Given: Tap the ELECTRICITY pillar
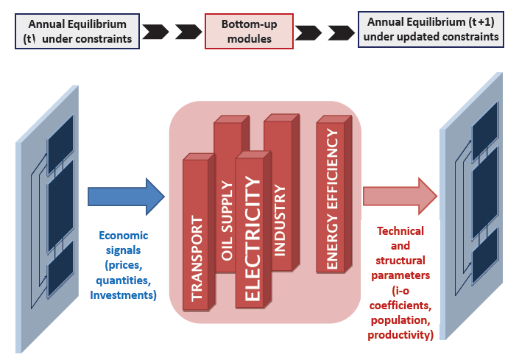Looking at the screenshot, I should point(253,236).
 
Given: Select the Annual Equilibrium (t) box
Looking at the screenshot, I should point(77,31).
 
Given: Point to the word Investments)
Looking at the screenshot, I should point(124,295).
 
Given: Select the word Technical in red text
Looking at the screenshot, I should point(400,231).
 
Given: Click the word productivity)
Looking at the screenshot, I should point(400,336).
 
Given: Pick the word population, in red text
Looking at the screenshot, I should point(400,320).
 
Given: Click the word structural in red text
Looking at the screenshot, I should point(400,261).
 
